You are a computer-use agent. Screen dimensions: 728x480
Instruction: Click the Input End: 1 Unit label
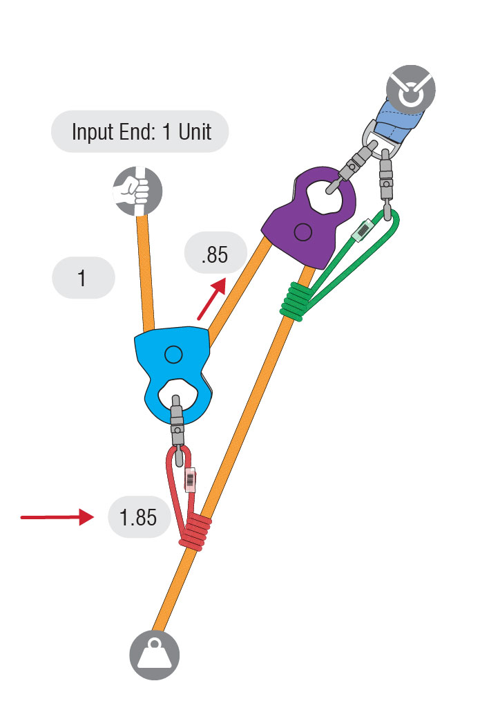(x=140, y=131)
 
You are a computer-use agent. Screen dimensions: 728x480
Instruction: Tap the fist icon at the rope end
(x=137, y=189)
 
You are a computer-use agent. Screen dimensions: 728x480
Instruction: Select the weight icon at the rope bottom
(x=155, y=654)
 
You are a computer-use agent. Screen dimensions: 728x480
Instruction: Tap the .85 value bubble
(x=215, y=254)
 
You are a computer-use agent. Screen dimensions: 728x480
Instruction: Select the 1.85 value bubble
(x=139, y=516)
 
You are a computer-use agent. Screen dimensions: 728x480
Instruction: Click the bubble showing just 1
(x=82, y=278)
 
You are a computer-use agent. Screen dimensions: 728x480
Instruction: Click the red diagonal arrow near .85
(x=212, y=299)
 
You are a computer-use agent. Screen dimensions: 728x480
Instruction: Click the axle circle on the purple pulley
(x=302, y=232)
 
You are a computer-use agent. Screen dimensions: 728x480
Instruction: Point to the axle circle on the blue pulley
(x=173, y=355)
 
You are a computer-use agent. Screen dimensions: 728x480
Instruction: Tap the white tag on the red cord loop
(x=191, y=478)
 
